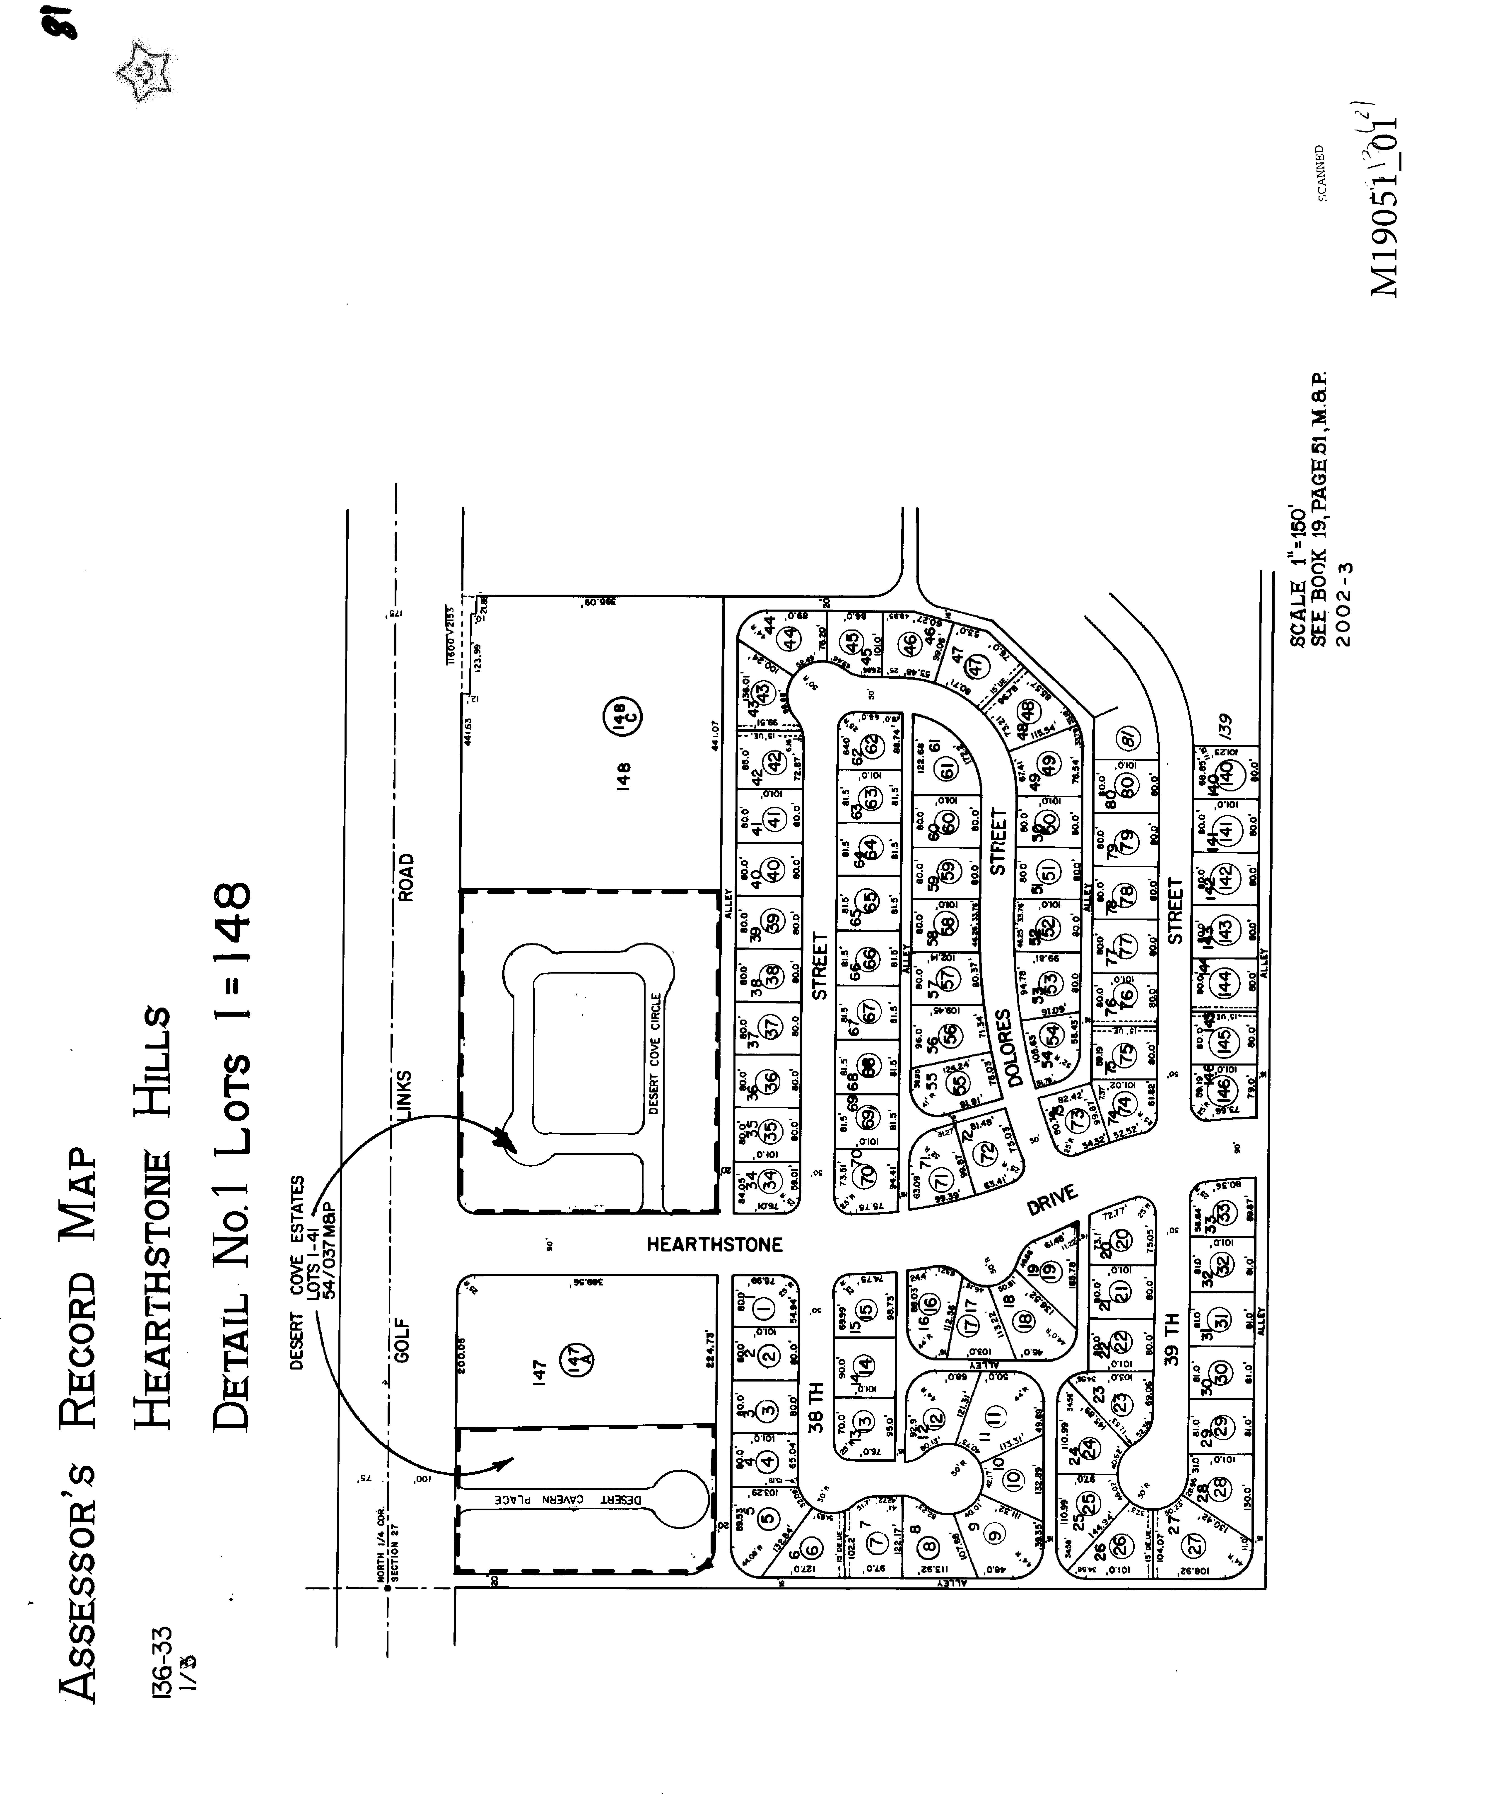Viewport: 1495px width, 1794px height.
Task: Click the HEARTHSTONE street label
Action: tap(714, 1244)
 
